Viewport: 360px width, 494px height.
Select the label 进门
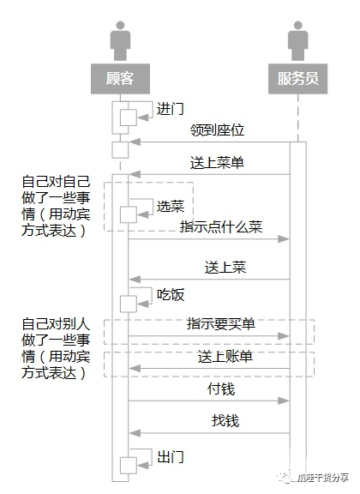coord(170,109)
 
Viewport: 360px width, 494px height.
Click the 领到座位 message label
coord(217,130)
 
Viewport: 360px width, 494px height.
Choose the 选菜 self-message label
coord(170,206)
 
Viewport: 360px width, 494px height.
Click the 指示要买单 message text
coord(220,324)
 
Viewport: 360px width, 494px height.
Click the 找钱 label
coord(225,420)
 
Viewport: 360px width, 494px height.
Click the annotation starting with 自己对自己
coord(53,205)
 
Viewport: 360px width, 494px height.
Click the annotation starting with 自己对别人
coord(53,349)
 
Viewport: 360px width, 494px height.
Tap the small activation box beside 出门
coord(127,464)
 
